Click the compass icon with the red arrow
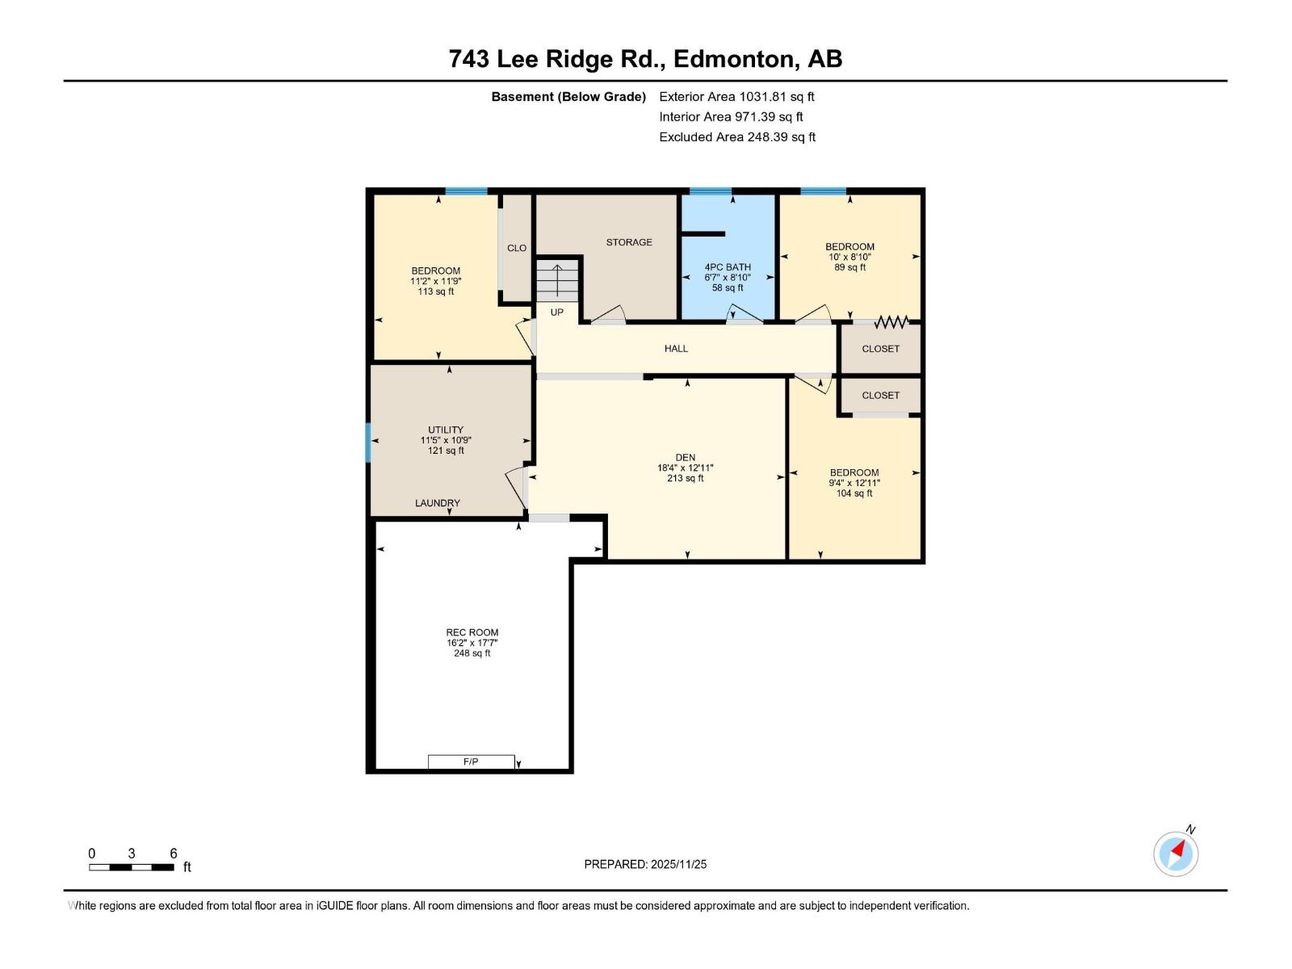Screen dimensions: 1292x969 click(x=1175, y=853)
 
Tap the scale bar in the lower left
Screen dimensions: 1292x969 click(x=132, y=866)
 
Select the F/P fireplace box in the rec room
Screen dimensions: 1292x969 click(x=471, y=761)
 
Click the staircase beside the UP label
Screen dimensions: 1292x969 click(x=557, y=281)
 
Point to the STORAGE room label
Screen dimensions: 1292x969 click(x=628, y=241)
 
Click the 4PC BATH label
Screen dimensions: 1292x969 click(x=728, y=267)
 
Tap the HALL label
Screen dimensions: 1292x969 click(x=676, y=348)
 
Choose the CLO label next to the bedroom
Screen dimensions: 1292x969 click(x=516, y=248)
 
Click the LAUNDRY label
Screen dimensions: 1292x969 click(x=438, y=503)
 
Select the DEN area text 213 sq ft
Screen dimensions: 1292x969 click(x=685, y=478)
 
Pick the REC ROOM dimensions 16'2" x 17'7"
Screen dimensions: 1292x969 click(x=472, y=643)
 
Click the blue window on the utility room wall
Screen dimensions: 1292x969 click(x=368, y=443)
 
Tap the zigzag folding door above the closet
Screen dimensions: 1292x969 click(x=891, y=322)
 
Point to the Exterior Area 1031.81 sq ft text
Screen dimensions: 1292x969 click(x=736, y=96)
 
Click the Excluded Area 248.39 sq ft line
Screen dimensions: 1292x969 click(x=737, y=137)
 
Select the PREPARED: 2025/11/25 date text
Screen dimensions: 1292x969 click(x=645, y=864)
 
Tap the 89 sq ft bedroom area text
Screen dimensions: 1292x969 click(x=849, y=267)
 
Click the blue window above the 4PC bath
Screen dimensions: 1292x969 click(x=710, y=191)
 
